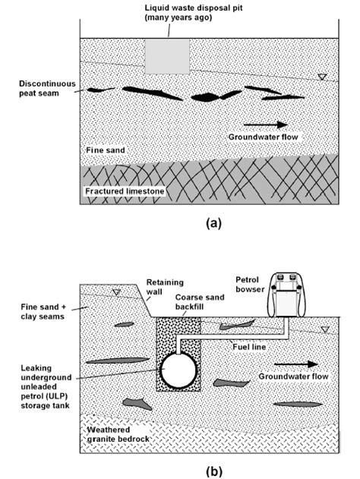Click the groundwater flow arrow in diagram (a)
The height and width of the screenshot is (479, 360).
coord(266,124)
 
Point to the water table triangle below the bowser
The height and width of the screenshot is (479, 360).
coord(325,329)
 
